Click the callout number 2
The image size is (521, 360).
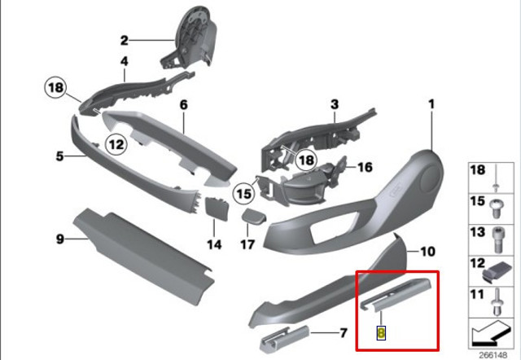coord(124,41)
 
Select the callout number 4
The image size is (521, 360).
coord(124,61)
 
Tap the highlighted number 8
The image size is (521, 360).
coord(381,333)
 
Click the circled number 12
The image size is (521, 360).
coord(116,145)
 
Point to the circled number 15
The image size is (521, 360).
coord(244,193)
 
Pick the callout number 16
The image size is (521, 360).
coord(365,167)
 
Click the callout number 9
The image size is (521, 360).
coord(59,239)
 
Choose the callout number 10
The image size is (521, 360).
coord(427,252)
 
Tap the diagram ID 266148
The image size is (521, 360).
coord(493,355)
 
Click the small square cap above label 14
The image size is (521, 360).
coord(217,209)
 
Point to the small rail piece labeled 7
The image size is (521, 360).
coord(285,338)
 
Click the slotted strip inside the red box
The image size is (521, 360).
coord(396,295)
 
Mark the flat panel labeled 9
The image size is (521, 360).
coord(143,256)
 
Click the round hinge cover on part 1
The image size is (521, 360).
coord(431,178)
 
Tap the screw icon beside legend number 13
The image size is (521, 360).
coord(497,240)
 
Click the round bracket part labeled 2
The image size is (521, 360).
coord(192,37)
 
